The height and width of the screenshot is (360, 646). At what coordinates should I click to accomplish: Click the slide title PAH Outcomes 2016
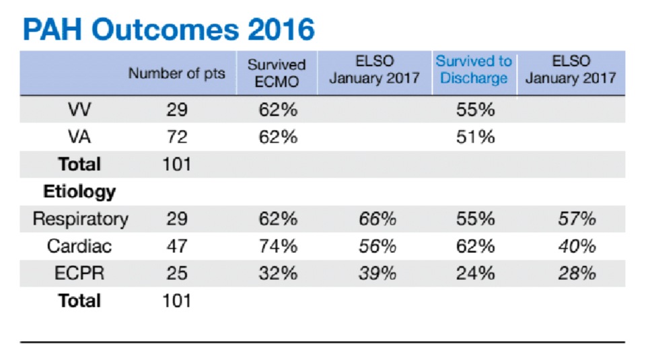[x=168, y=30]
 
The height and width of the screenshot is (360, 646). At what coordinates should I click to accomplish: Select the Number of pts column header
[x=177, y=73]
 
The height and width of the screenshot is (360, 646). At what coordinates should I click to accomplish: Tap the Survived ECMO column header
[x=277, y=73]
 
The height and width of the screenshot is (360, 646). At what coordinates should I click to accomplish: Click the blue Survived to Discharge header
[x=474, y=69]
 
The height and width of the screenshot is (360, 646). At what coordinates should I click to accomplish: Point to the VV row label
[x=80, y=110]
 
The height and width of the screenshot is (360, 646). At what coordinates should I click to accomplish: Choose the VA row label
[x=80, y=137]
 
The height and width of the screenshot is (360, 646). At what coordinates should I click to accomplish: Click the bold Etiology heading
[x=79, y=192]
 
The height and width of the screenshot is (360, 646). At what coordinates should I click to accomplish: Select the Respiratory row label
[x=80, y=219]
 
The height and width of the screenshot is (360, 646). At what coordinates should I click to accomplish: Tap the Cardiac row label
[x=80, y=246]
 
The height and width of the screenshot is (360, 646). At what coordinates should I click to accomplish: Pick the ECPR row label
[x=80, y=273]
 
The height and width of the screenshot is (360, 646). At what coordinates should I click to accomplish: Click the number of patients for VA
[x=177, y=137]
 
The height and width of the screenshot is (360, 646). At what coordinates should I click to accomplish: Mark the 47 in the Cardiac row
[x=177, y=246]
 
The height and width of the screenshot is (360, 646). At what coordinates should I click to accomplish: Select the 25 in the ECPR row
[x=177, y=273]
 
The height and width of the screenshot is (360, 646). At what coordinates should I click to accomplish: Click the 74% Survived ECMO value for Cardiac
[x=278, y=246]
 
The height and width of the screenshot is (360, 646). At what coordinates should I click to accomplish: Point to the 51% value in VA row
[x=476, y=137]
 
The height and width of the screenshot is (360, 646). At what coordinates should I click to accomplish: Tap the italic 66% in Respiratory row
[x=377, y=219]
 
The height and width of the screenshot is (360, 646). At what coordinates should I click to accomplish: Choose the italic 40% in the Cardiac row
[x=577, y=246]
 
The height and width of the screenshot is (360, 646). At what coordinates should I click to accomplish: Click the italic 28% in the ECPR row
[x=577, y=273]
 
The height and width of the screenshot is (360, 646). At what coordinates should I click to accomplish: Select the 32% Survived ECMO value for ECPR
[x=278, y=273]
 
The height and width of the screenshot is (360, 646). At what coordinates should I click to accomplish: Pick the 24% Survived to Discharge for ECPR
[x=476, y=273]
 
